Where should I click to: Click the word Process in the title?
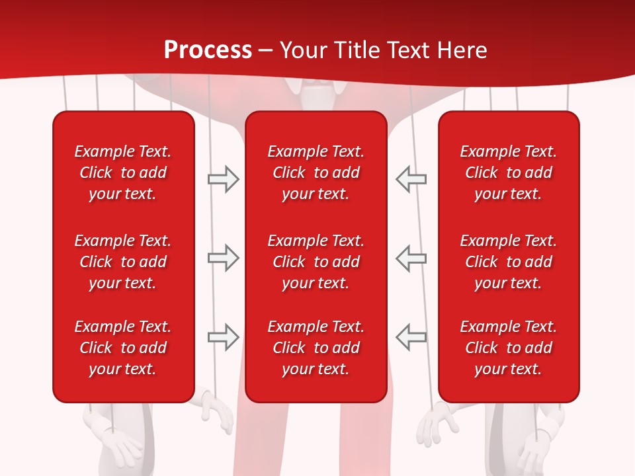[208, 50]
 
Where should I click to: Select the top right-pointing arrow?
[223, 179]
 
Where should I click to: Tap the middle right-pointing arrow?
[223, 258]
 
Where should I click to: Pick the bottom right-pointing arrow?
[223, 337]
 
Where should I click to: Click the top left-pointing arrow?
[411, 179]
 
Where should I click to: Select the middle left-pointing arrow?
[411, 258]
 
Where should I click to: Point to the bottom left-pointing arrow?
[411, 337]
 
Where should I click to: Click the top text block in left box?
[123, 173]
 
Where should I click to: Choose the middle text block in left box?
[123, 262]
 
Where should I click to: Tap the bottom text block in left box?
[123, 348]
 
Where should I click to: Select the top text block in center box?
[316, 173]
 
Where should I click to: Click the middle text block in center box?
[316, 262]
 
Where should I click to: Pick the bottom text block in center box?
[316, 348]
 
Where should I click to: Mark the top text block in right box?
[509, 173]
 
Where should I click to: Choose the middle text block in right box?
[509, 262]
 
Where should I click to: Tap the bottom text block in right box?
[509, 348]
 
